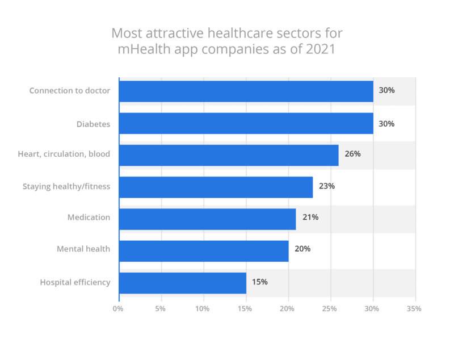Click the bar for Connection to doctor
point(246,91)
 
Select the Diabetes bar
point(246,123)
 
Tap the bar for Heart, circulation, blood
point(229,155)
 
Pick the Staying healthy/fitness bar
point(216,187)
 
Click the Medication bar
point(207,219)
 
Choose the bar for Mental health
point(203,250)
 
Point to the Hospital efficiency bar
point(182,282)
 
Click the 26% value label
point(352,154)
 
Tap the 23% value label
point(327,186)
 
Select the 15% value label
point(260,282)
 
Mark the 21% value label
point(310,217)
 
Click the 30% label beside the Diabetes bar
point(386,123)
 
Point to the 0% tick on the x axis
point(118,309)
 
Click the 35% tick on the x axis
point(414,309)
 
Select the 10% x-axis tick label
point(203,309)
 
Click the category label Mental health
point(83,249)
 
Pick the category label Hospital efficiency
point(75,282)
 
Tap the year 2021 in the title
point(320,49)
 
